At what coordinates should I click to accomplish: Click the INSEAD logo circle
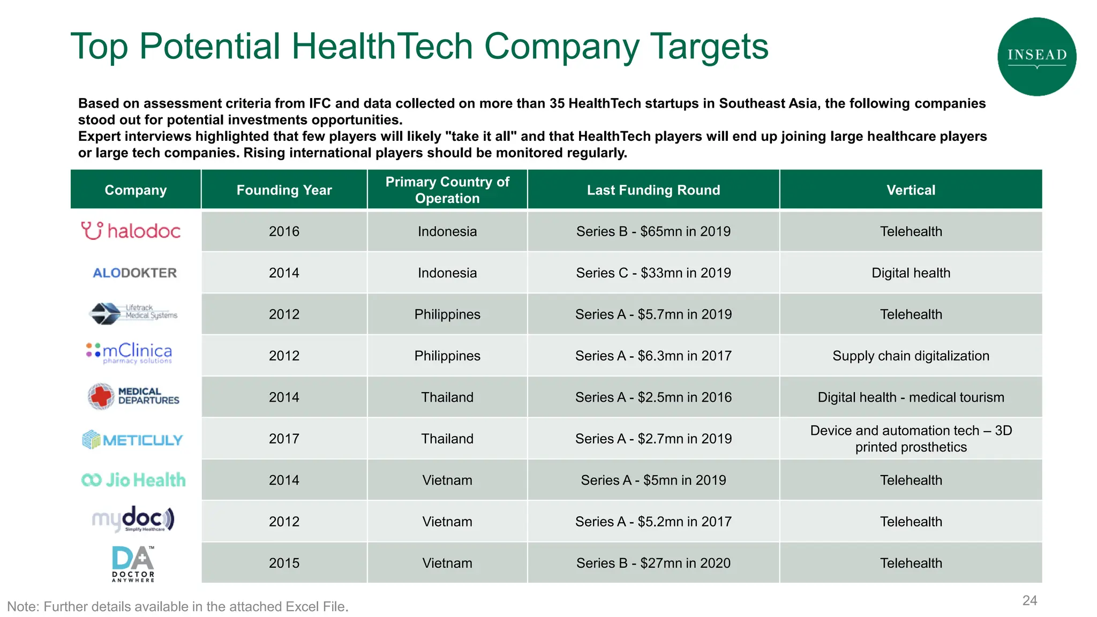point(1036,56)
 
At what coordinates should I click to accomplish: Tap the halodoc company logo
point(131,231)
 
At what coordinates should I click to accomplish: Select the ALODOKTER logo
point(135,273)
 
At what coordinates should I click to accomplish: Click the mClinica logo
point(130,352)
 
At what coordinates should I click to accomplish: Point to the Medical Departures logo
point(133,396)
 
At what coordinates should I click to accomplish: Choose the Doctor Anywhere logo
point(133,563)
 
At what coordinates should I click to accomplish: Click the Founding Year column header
point(284,190)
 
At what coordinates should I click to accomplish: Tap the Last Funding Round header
point(653,190)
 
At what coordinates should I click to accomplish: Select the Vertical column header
point(911,190)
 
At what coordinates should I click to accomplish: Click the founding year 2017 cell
point(284,439)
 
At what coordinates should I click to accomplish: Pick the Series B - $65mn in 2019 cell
point(653,231)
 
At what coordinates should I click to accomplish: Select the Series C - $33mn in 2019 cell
point(653,273)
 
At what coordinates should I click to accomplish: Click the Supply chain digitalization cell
point(911,356)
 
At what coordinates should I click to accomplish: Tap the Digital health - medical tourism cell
point(911,397)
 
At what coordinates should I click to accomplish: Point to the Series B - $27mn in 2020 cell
point(653,563)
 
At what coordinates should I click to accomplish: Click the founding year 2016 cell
point(284,231)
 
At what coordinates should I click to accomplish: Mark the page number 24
point(1030,600)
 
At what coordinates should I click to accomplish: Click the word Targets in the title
point(709,47)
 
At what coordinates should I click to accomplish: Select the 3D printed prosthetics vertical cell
point(911,439)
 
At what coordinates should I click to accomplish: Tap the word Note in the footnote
point(22,607)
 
